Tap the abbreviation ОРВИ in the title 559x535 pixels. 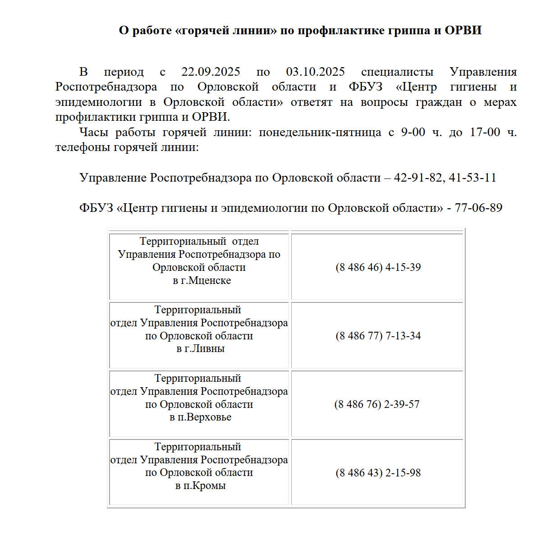click(463, 30)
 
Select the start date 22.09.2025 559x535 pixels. click(211, 72)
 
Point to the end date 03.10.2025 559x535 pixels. click(315, 72)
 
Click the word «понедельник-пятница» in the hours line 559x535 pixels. click(320, 133)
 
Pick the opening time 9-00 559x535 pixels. click(413, 133)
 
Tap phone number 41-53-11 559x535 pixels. click(472, 178)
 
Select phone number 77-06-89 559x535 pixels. click(478, 208)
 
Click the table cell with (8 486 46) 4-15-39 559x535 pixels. click(378, 267)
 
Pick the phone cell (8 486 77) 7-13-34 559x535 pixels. click(378, 336)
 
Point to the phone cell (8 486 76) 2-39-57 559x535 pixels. click(377, 404)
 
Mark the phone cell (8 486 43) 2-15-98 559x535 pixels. click(378, 473)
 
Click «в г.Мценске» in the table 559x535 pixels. click(202, 280)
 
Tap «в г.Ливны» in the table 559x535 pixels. click(200, 348)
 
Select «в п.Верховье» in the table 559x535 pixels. click(200, 417)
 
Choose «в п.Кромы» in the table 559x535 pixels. click(200, 486)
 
